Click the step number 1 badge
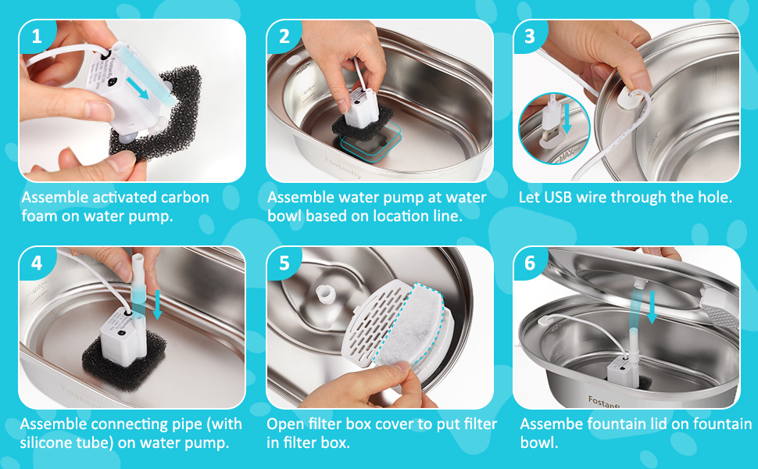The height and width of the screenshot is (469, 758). click(36, 36)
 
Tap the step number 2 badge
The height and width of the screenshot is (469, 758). click(284, 36)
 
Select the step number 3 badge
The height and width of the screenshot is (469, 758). click(530, 36)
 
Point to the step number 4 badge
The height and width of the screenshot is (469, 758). click(36, 263)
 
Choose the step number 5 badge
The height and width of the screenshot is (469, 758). click(284, 263)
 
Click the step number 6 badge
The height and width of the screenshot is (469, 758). click(530, 263)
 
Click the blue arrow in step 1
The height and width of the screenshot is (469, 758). click(138, 88)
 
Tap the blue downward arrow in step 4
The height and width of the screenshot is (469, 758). click(157, 305)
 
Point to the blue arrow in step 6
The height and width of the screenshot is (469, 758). click(653, 307)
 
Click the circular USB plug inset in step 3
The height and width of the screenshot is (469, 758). click(554, 128)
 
